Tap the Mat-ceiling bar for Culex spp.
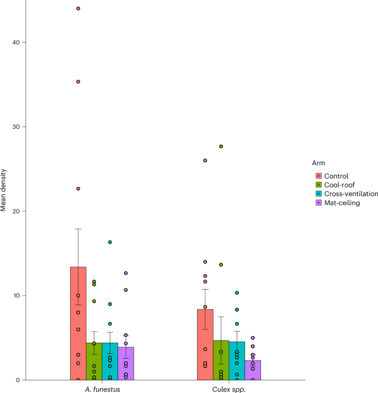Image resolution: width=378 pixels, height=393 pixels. click(x=253, y=370)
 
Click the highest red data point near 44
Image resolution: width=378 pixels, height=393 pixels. click(x=78, y=9)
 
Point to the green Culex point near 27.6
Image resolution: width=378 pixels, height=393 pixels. click(x=221, y=146)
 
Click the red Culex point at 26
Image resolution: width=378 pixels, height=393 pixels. click(x=205, y=160)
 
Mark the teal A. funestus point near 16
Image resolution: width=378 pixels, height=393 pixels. click(x=110, y=242)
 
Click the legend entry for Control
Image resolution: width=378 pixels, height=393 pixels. click(x=336, y=176)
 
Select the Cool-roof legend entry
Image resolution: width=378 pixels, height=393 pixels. click(x=339, y=185)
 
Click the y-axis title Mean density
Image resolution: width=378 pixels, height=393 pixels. click(x=4, y=191)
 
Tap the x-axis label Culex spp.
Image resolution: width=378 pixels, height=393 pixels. click(x=229, y=389)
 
